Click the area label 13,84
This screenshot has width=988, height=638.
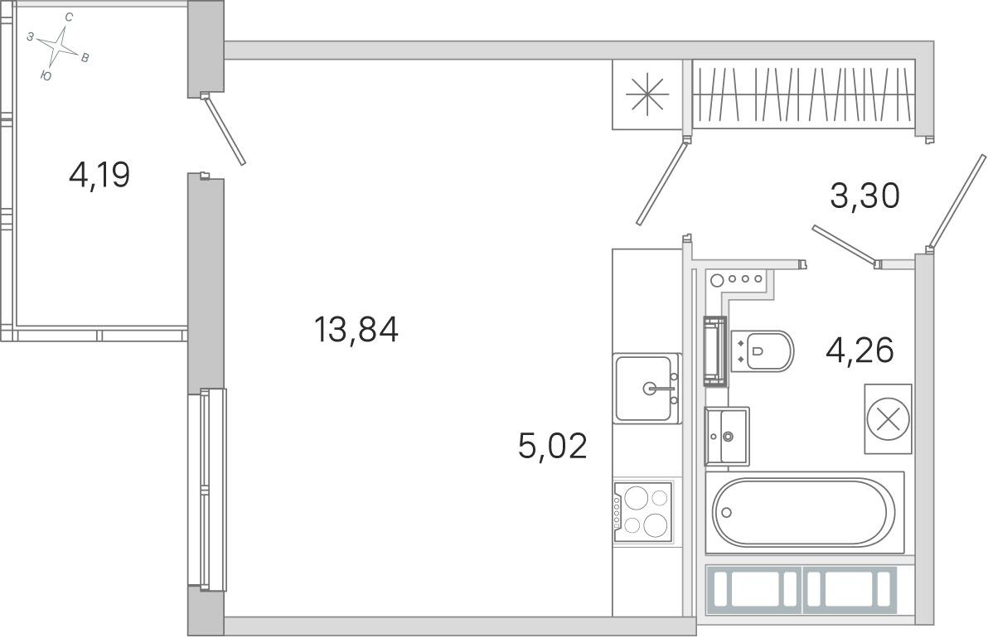pos(356,330)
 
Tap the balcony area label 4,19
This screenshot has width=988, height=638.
pos(99,175)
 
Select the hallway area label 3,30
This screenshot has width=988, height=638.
pos(864,196)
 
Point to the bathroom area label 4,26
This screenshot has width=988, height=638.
pos(860,350)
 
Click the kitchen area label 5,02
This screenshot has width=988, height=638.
pos(553,446)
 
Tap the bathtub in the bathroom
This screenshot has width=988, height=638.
pos(804,513)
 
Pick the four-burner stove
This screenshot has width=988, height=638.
pos(642,511)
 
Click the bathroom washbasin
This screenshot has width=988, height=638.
pos(727,436)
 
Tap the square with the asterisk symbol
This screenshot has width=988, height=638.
pos(647,94)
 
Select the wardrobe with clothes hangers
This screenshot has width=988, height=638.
pos(803,94)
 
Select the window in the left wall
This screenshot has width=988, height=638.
pos(206,490)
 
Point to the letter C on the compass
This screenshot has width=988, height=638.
pos(69,17)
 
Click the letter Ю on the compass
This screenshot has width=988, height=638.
pos(46,75)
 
